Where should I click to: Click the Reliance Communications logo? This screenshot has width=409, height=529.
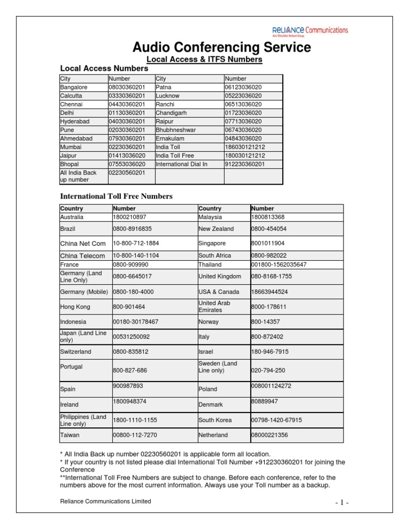[309, 31]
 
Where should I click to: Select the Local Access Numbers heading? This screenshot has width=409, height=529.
[104, 69]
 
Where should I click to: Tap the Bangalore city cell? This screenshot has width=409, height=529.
[74, 87]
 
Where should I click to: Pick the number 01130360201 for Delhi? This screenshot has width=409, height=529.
[127, 113]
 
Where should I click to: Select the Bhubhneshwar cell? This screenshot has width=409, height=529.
[176, 130]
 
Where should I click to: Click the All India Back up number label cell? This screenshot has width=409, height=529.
[78, 176]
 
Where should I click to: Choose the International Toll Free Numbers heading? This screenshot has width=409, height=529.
[116, 196]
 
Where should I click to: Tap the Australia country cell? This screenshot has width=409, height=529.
[75, 217]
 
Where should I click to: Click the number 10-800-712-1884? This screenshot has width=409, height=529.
[136, 243]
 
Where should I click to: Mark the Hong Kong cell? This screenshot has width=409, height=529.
[75, 307]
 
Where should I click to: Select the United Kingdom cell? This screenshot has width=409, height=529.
[219, 276]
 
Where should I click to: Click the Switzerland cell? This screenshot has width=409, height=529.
[76, 352]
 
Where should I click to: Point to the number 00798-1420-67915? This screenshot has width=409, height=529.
[276, 420]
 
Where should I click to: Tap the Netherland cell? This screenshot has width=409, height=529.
[213, 435]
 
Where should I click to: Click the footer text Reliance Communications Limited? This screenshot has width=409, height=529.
[105, 501]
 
